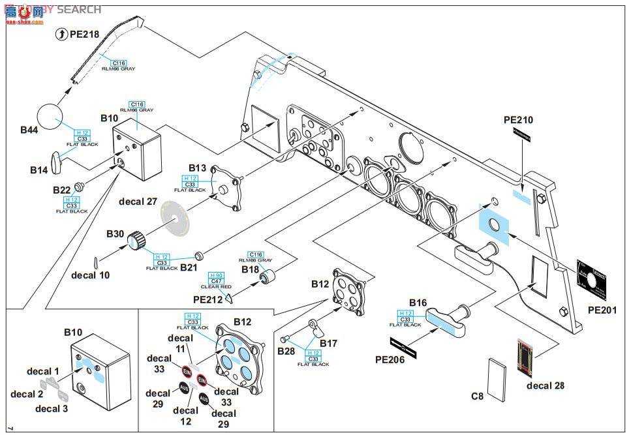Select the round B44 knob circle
tap(53, 117)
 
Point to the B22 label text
tap(62, 190)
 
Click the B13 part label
tap(198, 168)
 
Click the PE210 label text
tap(519, 120)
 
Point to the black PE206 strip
tap(406, 343)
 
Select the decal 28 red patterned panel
tap(528, 358)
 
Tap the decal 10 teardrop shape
tap(97, 262)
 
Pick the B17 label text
tap(328, 343)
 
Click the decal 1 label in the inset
tap(43, 371)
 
